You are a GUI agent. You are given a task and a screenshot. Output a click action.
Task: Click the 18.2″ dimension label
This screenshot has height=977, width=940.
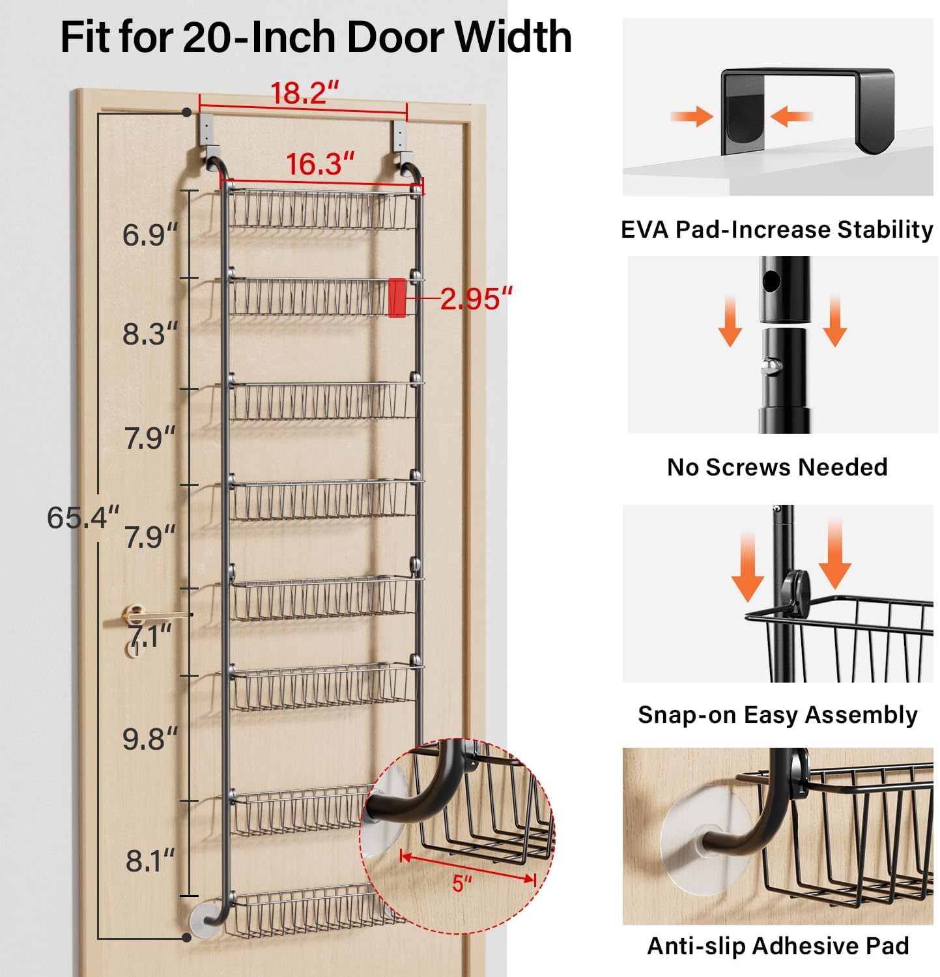304,92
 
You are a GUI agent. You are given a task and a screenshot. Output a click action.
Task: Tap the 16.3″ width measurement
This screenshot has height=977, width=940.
320,163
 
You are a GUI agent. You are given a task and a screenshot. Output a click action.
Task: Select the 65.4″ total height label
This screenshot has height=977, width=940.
83,518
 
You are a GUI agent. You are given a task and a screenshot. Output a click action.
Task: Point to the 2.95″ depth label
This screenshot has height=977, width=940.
476,299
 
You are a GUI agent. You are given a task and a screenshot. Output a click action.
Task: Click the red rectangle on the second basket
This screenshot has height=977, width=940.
397,298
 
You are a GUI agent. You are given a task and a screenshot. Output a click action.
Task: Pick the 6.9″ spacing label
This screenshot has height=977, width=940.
150,235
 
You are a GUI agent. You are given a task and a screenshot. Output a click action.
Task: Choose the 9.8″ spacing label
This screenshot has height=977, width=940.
150,739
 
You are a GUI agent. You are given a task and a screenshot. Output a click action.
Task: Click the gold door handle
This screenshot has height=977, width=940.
143,615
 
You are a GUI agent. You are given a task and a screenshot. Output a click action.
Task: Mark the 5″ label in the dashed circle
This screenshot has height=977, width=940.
461,884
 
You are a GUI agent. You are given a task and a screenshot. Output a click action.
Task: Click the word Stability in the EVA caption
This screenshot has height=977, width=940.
885,230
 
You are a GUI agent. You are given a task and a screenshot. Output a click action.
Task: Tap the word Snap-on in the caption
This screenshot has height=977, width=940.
687,715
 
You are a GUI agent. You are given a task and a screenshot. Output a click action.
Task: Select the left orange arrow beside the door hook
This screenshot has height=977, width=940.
691,117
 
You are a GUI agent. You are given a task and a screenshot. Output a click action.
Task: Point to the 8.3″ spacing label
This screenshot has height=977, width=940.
150,334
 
